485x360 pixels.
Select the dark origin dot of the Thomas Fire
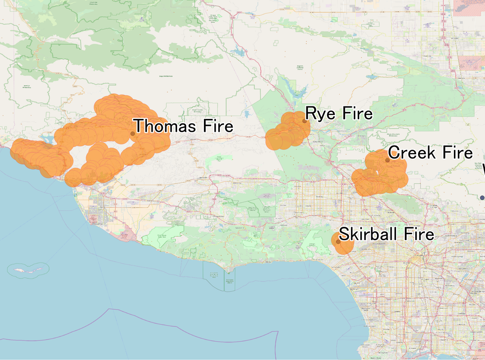tap(133, 134)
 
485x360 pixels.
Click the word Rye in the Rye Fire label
tap(319, 114)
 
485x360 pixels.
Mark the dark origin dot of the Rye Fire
tap(304, 120)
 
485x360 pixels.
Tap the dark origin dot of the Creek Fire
tap(388, 160)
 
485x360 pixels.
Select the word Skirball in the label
tap(369, 234)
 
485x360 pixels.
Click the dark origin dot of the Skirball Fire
tap(338, 242)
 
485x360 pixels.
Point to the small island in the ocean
tap(29, 270)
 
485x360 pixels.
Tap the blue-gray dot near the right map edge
tap(482, 198)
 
